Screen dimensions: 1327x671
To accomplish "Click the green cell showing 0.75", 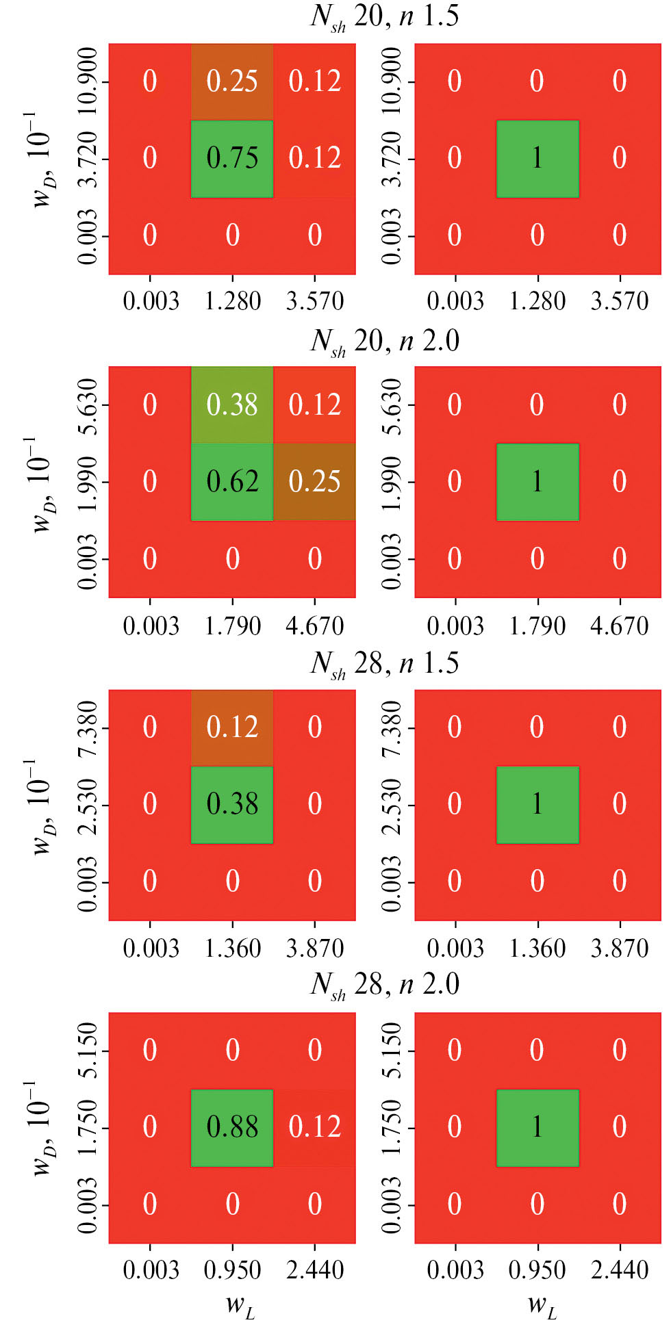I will tap(232, 159).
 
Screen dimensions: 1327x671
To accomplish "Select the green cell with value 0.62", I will tap(232, 482).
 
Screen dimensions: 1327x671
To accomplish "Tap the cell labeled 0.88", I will tap(232, 1127).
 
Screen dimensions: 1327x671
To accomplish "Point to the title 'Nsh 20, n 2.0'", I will tap(384, 341).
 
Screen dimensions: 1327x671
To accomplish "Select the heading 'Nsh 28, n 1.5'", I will tap(384, 663).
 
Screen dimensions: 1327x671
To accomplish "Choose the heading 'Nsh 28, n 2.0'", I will tap(384, 985).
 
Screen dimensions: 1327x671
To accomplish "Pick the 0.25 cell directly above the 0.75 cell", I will tap(232, 81).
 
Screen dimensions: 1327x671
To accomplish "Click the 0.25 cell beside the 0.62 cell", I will tap(314, 482).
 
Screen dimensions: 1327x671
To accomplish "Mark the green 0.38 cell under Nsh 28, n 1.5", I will tap(232, 804).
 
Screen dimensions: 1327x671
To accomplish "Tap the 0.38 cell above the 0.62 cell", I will tap(232, 404).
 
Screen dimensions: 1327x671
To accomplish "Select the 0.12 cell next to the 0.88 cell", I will tap(314, 1127).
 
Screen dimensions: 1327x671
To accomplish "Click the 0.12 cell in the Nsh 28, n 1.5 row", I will tap(232, 727).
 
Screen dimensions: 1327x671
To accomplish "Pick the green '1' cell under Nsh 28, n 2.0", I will tap(537, 1127).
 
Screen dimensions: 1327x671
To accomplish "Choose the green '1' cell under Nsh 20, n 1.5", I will tap(537, 159).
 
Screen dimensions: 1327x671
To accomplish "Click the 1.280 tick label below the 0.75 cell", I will tap(233, 301).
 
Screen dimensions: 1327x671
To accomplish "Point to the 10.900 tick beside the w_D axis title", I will tap(88, 81).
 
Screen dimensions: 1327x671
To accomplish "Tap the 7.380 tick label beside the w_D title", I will tap(88, 727).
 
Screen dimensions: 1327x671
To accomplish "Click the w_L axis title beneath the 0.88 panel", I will tap(240, 1305).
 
